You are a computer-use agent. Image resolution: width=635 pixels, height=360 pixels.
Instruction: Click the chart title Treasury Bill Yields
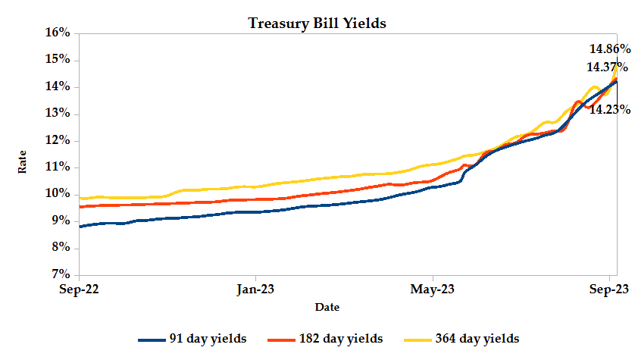(317, 23)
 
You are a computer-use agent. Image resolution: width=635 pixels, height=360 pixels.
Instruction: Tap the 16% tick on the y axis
(57, 33)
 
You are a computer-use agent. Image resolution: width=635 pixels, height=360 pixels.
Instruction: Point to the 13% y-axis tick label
(57, 114)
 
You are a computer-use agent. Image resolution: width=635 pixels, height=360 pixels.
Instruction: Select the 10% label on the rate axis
(57, 193)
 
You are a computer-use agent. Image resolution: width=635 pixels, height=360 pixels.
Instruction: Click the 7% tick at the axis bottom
(60, 274)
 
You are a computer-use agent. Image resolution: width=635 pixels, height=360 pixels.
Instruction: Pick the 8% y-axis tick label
(60, 247)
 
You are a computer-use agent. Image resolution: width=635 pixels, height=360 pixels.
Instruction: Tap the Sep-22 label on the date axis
(80, 289)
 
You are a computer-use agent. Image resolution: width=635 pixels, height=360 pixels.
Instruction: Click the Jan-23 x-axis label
(256, 289)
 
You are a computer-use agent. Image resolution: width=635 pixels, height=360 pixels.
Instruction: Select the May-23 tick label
(433, 289)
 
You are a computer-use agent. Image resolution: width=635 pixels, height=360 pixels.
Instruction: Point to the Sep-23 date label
(610, 289)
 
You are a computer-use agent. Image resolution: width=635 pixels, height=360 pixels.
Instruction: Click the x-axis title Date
(327, 307)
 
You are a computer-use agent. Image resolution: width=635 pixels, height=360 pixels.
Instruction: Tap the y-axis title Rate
(23, 161)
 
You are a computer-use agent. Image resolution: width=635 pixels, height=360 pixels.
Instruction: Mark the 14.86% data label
(611, 49)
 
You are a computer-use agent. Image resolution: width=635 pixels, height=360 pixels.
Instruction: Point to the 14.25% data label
(610, 109)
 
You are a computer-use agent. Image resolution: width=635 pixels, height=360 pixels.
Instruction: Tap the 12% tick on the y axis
(57, 140)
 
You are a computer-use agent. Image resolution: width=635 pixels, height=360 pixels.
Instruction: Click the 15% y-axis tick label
(57, 60)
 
